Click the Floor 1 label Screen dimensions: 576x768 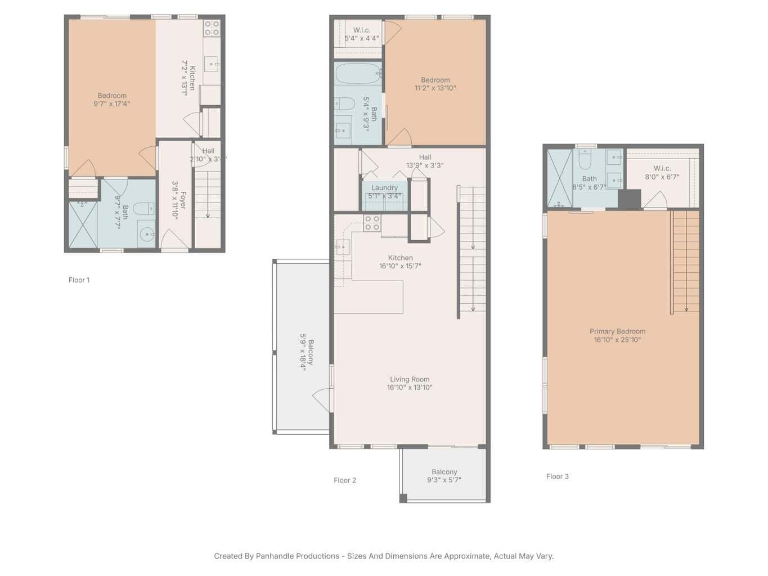[79, 280]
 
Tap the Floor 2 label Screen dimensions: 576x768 [344, 480]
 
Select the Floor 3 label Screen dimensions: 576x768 [557, 476]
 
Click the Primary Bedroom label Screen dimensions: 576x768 [617, 331]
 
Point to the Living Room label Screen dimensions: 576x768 [409, 379]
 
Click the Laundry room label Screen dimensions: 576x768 [384, 188]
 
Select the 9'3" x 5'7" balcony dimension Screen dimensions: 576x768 [444, 480]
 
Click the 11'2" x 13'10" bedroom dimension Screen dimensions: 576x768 [435, 88]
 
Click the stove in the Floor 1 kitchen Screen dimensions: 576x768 [212, 28]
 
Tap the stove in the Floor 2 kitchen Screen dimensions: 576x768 [372, 223]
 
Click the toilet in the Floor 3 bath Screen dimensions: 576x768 [585, 161]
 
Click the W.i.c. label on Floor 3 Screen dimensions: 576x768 [662, 168]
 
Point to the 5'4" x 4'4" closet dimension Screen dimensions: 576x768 [361, 39]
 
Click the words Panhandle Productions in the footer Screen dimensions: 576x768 [297, 556]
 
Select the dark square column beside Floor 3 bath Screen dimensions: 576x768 [629, 199]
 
